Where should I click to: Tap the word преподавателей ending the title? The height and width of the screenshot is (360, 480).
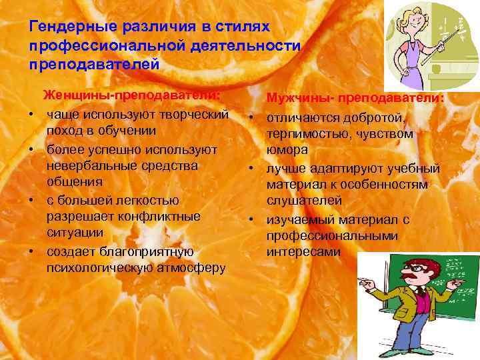click(x=95, y=65)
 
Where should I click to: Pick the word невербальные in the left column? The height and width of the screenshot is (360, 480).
click(x=87, y=165)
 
